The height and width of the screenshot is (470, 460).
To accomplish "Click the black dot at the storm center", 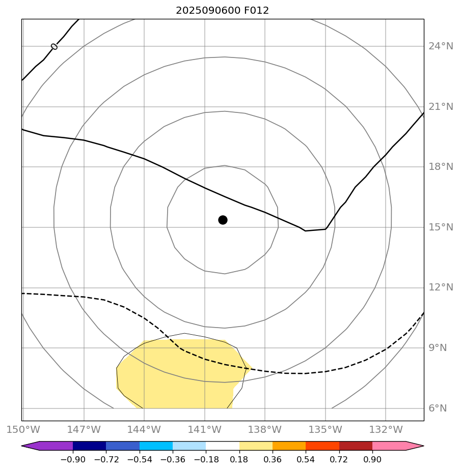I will tap(223, 220).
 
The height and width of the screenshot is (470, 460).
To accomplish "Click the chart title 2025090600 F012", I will tap(222, 11).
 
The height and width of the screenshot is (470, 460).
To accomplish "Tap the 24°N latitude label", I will tap(440, 46).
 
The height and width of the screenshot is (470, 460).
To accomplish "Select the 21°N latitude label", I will tap(440, 107).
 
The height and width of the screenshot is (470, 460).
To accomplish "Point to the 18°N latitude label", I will tap(440, 167).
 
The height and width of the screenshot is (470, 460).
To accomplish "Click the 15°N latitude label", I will tap(440, 227).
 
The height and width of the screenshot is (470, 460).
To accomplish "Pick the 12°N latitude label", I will tap(440, 287).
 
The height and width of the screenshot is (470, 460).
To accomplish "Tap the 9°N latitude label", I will tap(438, 348).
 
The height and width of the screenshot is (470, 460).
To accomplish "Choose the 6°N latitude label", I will tap(438, 408).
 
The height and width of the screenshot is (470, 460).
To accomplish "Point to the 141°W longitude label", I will tap(205, 429).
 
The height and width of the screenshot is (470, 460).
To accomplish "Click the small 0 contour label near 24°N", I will tap(54, 47).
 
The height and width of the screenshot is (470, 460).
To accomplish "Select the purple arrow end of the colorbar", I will tap(31, 446).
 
